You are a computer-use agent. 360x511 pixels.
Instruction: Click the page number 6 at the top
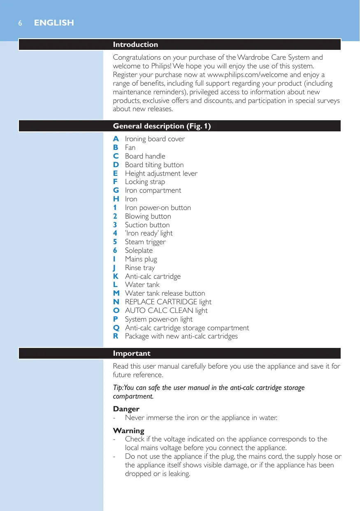coord(20,23)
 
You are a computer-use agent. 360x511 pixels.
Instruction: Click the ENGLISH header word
coord(54,23)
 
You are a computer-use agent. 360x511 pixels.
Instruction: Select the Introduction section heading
coord(135,44)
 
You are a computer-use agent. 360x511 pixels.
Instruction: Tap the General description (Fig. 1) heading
coord(162,126)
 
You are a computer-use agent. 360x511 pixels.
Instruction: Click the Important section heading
coord(132,353)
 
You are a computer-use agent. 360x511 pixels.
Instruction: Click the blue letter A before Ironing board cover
coord(116,139)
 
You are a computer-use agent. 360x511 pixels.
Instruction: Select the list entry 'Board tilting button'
coord(154,165)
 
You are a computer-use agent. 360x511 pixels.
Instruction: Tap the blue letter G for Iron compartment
coord(116,190)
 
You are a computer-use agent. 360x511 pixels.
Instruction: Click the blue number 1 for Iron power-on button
coord(116,208)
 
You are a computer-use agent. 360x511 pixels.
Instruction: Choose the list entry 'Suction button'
coord(147,225)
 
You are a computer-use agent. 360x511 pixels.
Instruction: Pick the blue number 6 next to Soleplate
coord(116,250)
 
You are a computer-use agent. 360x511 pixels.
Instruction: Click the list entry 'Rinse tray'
coord(140,268)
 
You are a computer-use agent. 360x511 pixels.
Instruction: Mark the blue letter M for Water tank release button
coord(116,293)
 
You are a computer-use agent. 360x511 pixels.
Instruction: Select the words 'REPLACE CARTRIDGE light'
coord(168,302)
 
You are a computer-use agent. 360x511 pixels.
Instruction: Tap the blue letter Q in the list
coord(116,328)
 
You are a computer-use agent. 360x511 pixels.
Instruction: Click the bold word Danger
coord(126,409)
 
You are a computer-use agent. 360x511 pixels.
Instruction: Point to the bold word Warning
coord(128,431)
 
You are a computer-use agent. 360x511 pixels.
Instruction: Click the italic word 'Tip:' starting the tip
coord(118,388)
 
